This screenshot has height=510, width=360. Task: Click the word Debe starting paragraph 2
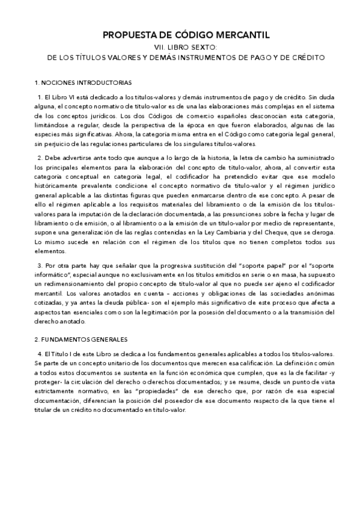click(x=53, y=158)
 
